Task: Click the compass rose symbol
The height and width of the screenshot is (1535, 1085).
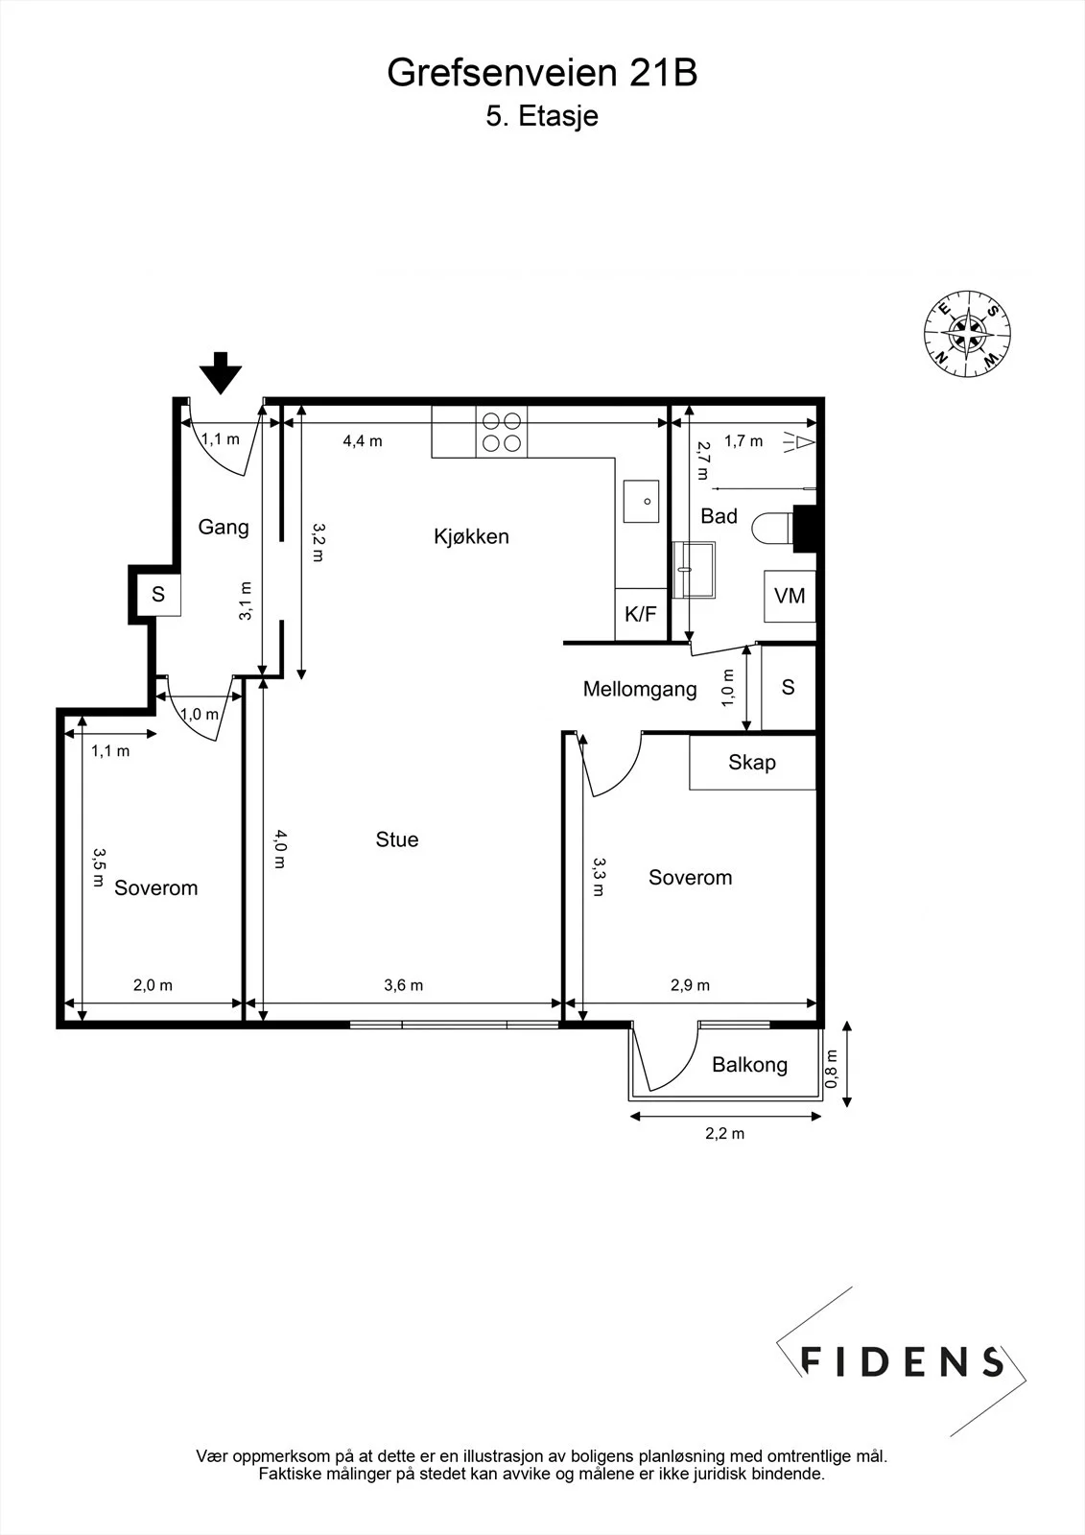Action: pyautogui.click(x=966, y=334)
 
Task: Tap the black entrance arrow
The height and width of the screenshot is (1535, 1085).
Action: pyautogui.click(x=221, y=373)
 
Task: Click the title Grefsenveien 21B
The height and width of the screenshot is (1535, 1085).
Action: pyautogui.click(x=542, y=73)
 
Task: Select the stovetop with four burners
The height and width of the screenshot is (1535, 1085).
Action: pyautogui.click(x=502, y=433)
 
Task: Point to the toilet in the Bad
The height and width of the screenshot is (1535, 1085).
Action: pyautogui.click(x=773, y=529)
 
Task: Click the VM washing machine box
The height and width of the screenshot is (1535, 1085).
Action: pyautogui.click(x=790, y=596)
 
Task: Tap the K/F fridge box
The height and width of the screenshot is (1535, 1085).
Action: pyautogui.click(x=641, y=614)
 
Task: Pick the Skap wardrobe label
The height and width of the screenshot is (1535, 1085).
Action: pyautogui.click(x=752, y=762)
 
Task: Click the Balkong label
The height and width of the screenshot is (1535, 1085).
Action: pyautogui.click(x=750, y=1064)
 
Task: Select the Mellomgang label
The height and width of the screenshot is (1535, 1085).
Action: pyautogui.click(x=640, y=689)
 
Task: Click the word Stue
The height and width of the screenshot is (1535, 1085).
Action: pyautogui.click(x=397, y=839)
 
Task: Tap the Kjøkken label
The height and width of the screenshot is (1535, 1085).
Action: pyautogui.click(x=472, y=536)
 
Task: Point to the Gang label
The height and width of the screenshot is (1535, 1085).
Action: pyautogui.click(x=224, y=527)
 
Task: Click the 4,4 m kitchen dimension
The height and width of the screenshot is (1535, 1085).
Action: pyautogui.click(x=363, y=441)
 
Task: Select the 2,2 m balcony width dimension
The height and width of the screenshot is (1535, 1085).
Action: pyautogui.click(x=724, y=1133)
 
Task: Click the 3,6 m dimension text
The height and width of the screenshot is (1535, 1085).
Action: pyautogui.click(x=404, y=985)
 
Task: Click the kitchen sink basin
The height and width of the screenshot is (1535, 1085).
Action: pyautogui.click(x=641, y=502)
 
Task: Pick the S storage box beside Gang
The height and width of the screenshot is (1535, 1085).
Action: pyautogui.click(x=158, y=594)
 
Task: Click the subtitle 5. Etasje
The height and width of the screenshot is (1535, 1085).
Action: pyautogui.click(x=542, y=116)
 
